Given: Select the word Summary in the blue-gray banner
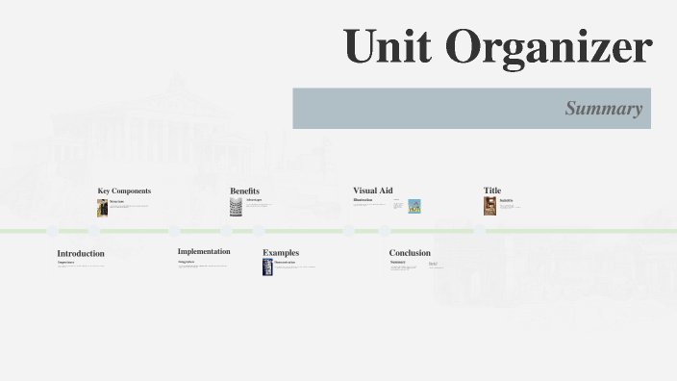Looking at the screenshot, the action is point(603,108).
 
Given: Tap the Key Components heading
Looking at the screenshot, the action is point(124,190).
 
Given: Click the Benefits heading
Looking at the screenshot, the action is point(244,190).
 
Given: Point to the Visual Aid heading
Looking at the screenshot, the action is point(372,190).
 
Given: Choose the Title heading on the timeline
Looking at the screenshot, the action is point(492,190).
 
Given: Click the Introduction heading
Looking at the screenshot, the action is point(81,253).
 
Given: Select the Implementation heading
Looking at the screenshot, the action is point(204,251).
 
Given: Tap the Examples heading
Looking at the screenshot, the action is point(281,252).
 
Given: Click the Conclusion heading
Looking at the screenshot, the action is point(410,252).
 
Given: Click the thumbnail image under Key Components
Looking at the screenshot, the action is point(102,208).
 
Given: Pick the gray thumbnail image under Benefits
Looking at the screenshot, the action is point(236,206).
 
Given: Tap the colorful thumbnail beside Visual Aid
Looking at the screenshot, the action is point(414,206).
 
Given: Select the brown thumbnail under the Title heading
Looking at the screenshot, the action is point(489,206).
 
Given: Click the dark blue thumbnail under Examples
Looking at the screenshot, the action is point(268,267).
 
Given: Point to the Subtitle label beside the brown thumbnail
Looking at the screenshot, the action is point(506,200).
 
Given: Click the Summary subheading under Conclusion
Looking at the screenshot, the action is point(397,262).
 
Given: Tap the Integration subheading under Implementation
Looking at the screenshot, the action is point(186,261).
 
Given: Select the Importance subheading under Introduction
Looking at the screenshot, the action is point(65,262).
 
